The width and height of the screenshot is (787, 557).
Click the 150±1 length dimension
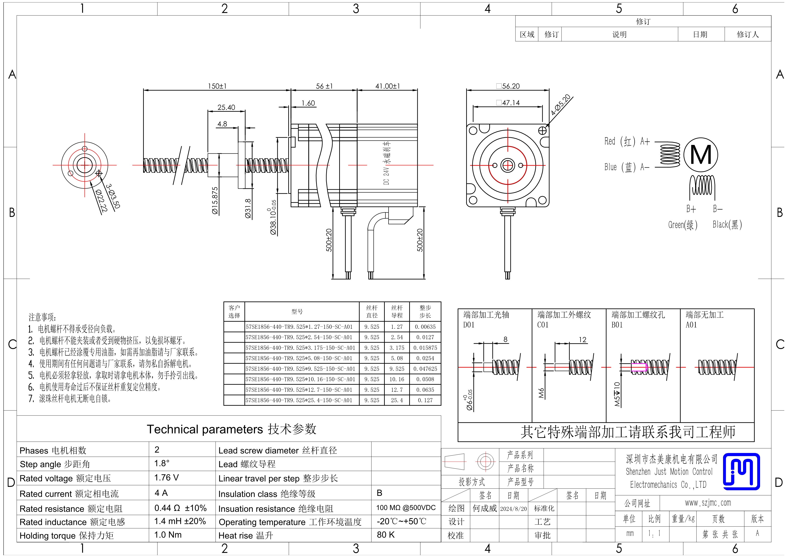217,86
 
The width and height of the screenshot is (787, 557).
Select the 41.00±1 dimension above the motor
388,86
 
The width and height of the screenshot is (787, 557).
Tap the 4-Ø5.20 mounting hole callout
561,105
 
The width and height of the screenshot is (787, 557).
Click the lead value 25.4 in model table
397,400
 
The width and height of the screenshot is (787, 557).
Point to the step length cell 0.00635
425,327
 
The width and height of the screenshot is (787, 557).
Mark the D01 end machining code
469,325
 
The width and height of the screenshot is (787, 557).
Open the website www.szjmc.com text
708,503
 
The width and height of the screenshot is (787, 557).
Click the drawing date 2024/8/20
514,509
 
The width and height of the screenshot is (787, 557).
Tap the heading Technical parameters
205,429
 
